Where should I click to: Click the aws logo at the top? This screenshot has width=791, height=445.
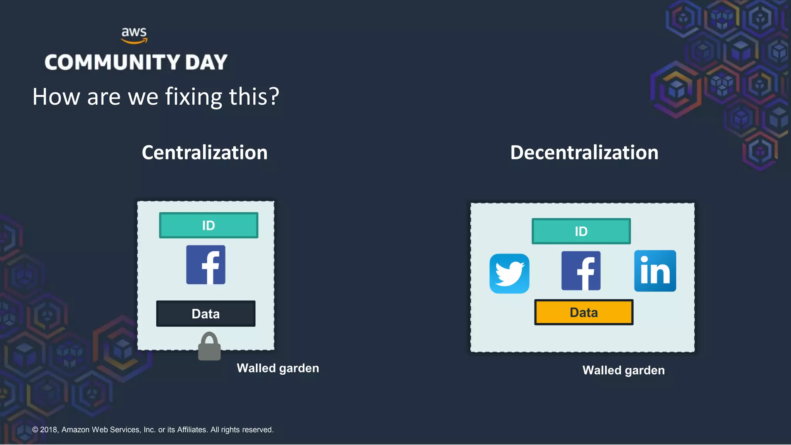134,35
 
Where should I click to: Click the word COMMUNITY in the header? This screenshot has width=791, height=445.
112,62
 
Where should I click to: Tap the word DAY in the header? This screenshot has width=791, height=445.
206,62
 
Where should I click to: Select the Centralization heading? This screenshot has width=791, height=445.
204,152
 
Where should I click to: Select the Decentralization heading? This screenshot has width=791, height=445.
584,152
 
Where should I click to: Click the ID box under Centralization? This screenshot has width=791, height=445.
209,225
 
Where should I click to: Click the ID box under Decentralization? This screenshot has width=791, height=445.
581,231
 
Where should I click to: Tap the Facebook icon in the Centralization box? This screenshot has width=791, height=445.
206,265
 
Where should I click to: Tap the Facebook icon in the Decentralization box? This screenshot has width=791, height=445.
581,270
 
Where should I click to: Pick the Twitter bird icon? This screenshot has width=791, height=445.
509,273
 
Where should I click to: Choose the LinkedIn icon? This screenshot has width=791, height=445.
655,271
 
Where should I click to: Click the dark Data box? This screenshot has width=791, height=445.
205,314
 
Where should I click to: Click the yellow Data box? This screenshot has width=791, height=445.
584,312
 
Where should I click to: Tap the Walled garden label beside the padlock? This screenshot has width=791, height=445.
278,368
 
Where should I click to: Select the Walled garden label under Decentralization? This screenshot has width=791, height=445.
623,370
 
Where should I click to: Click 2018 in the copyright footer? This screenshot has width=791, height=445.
49,430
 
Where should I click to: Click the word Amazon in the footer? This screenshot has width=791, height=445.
76,430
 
